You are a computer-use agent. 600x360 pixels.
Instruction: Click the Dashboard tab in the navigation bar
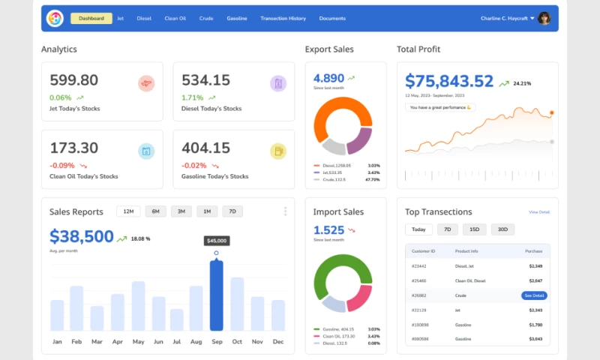(x=91, y=18)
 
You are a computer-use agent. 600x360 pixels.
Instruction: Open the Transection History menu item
(x=283, y=18)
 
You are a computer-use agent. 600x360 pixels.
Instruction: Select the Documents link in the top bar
(x=332, y=18)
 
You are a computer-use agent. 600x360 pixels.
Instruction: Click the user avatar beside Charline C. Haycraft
(x=544, y=18)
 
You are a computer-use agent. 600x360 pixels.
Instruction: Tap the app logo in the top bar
(x=55, y=18)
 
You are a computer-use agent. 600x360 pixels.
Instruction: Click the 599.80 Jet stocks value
(x=74, y=80)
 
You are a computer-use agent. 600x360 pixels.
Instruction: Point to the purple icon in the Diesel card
(x=278, y=83)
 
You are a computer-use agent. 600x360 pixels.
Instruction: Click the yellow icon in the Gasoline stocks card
(x=278, y=151)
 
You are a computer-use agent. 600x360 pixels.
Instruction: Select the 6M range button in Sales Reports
(x=155, y=211)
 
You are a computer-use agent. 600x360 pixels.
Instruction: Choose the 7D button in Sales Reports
(x=232, y=211)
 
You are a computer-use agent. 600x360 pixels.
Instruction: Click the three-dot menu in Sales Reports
(x=285, y=211)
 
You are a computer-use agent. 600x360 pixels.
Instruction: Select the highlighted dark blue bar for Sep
(x=216, y=295)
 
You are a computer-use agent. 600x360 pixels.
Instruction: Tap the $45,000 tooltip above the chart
(x=217, y=241)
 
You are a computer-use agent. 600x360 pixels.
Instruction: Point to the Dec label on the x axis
(x=278, y=342)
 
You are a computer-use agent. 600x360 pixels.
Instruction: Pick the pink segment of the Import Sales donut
(x=363, y=298)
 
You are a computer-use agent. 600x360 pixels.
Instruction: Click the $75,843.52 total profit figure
(x=449, y=81)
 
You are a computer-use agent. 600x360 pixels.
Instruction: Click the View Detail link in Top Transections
(x=539, y=212)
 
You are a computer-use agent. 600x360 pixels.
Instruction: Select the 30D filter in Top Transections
(x=502, y=229)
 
